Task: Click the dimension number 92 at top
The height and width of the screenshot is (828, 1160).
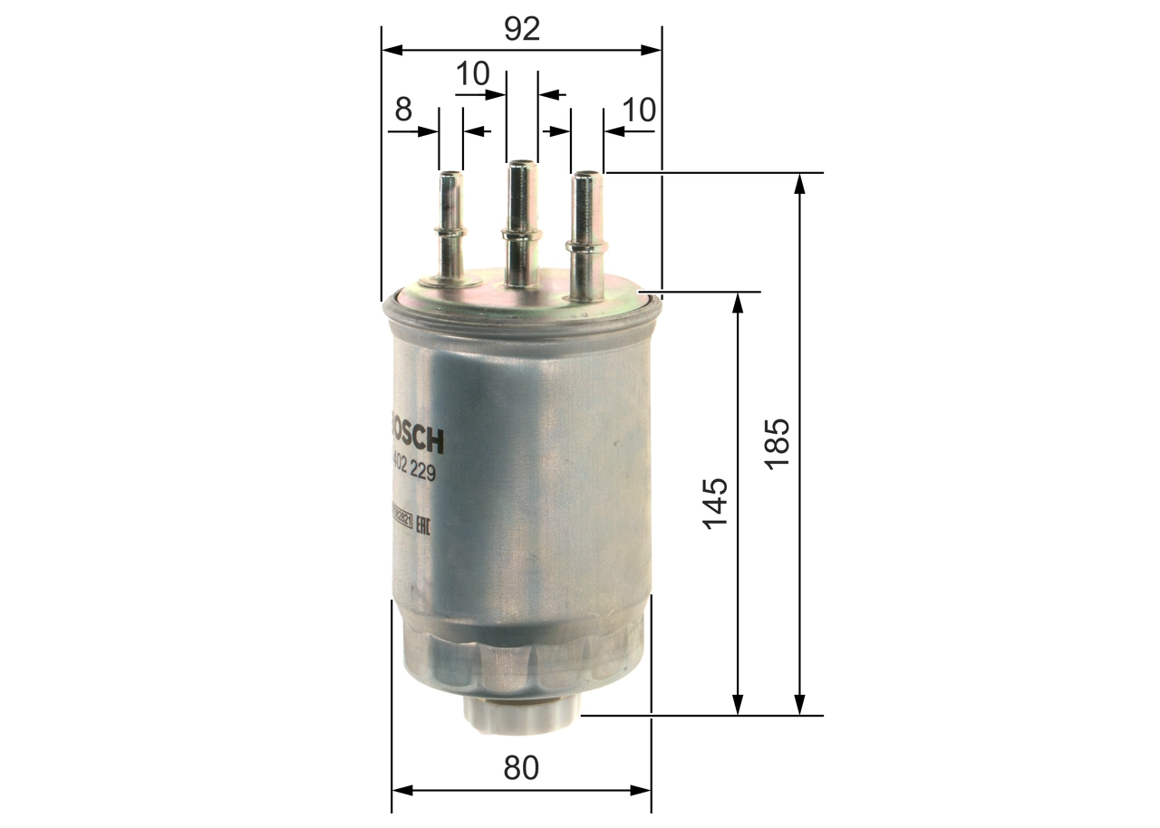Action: pyautogui.click(x=521, y=29)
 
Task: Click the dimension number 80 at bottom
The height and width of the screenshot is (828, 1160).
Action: pyautogui.click(x=521, y=768)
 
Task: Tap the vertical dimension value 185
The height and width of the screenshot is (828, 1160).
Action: pyautogui.click(x=778, y=443)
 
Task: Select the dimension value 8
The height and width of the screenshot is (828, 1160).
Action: pyautogui.click(x=403, y=111)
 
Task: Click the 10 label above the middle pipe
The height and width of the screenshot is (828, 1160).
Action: pyautogui.click(x=472, y=74)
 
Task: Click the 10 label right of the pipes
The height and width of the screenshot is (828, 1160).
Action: pyautogui.click(x=639, y=111)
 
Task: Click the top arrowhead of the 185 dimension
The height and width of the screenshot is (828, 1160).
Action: pyautogui.click(x=799, y=182)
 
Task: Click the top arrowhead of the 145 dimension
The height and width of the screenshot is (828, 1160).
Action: pyautogui.click(x=739, y=303)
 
